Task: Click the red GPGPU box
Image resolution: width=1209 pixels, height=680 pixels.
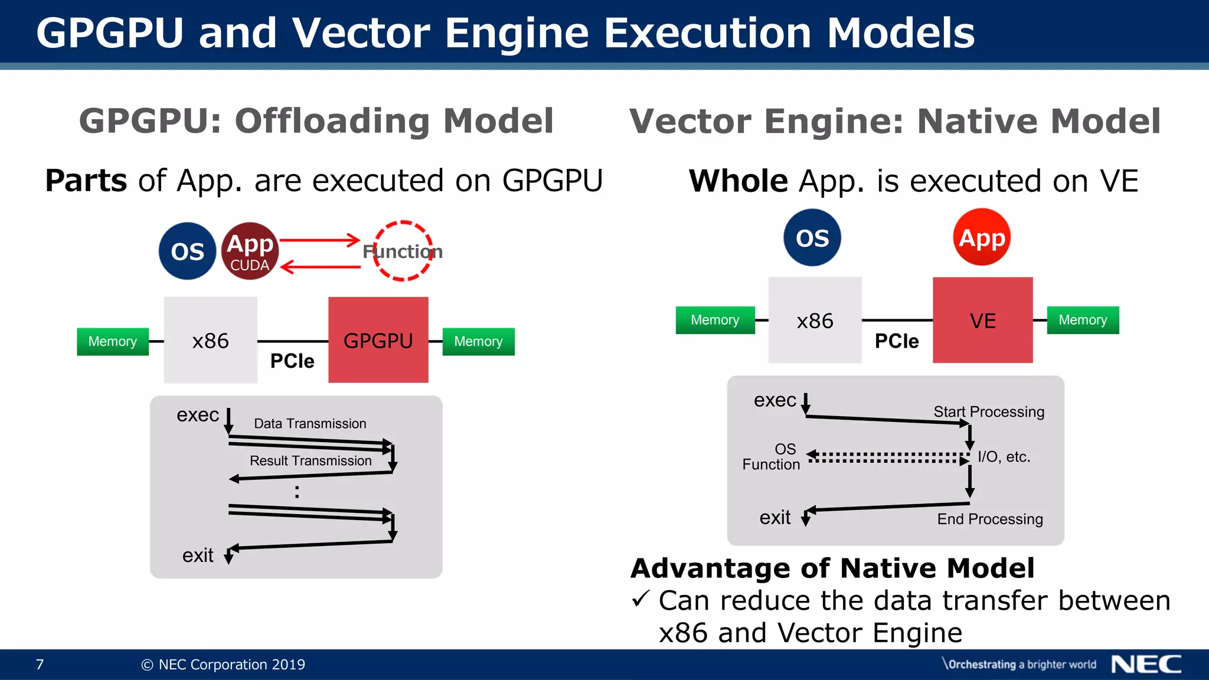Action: (378, 340)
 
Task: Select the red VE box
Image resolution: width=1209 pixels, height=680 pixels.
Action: (982, 320)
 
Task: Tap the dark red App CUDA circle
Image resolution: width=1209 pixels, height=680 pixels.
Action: (250, 251)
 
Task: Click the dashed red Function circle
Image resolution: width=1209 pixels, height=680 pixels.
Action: (403, 251)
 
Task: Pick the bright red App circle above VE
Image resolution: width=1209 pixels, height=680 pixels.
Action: (982, 237)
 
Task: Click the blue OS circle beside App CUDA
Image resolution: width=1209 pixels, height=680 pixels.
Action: (187, 251)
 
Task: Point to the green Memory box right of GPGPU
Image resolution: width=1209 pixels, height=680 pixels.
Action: (478, 341)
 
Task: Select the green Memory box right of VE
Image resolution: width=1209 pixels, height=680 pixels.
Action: (1083, 320)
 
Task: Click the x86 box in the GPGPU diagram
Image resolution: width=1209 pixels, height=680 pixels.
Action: (210, 340)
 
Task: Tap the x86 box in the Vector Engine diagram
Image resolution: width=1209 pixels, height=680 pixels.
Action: (815, 320)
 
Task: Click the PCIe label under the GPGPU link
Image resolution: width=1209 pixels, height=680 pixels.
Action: (292, 361)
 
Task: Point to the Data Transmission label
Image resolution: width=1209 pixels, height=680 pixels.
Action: (310, 423)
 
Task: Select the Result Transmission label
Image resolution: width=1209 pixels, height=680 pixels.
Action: (311, 460)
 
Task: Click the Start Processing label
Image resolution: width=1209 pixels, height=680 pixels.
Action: (989, 411)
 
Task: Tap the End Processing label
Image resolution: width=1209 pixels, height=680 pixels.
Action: (990, 519)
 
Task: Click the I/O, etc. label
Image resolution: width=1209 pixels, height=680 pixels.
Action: (1004, 456)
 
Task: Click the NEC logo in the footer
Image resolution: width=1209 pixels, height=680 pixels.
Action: (1146, 664)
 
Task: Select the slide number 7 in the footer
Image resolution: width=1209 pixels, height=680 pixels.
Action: (40, 665)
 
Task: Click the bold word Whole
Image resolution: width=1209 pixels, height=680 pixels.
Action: (738, 181)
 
